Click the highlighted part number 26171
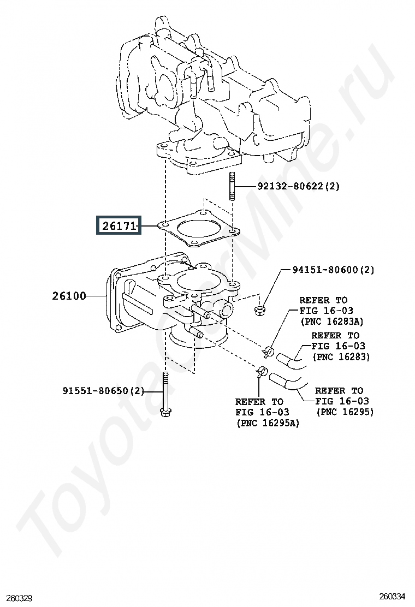coord(119,225)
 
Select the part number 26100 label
coord(69,296)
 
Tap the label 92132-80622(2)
coord(299,186)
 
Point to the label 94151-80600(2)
coord(333,270)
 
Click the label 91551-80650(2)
coord(103,391)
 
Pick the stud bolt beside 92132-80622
coord(232,187)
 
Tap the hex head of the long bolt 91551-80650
coord(165,412)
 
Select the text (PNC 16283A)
coord(332,322)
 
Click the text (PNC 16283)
coord(341,356)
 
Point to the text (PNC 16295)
coord(345,412)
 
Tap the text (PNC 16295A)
coord(268,422)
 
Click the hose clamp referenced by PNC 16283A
coord(268,352)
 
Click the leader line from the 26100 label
coord(97,296)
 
